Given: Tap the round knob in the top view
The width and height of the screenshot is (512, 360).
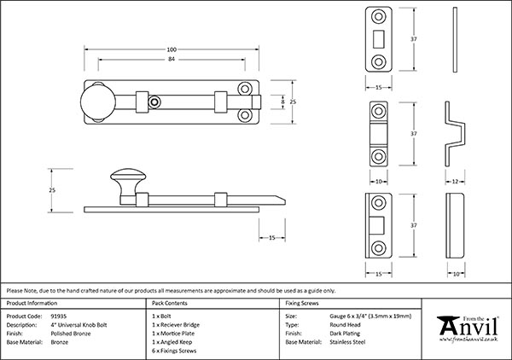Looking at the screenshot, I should coord(96,101).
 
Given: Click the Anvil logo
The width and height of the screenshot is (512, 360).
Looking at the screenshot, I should coord(467,328).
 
